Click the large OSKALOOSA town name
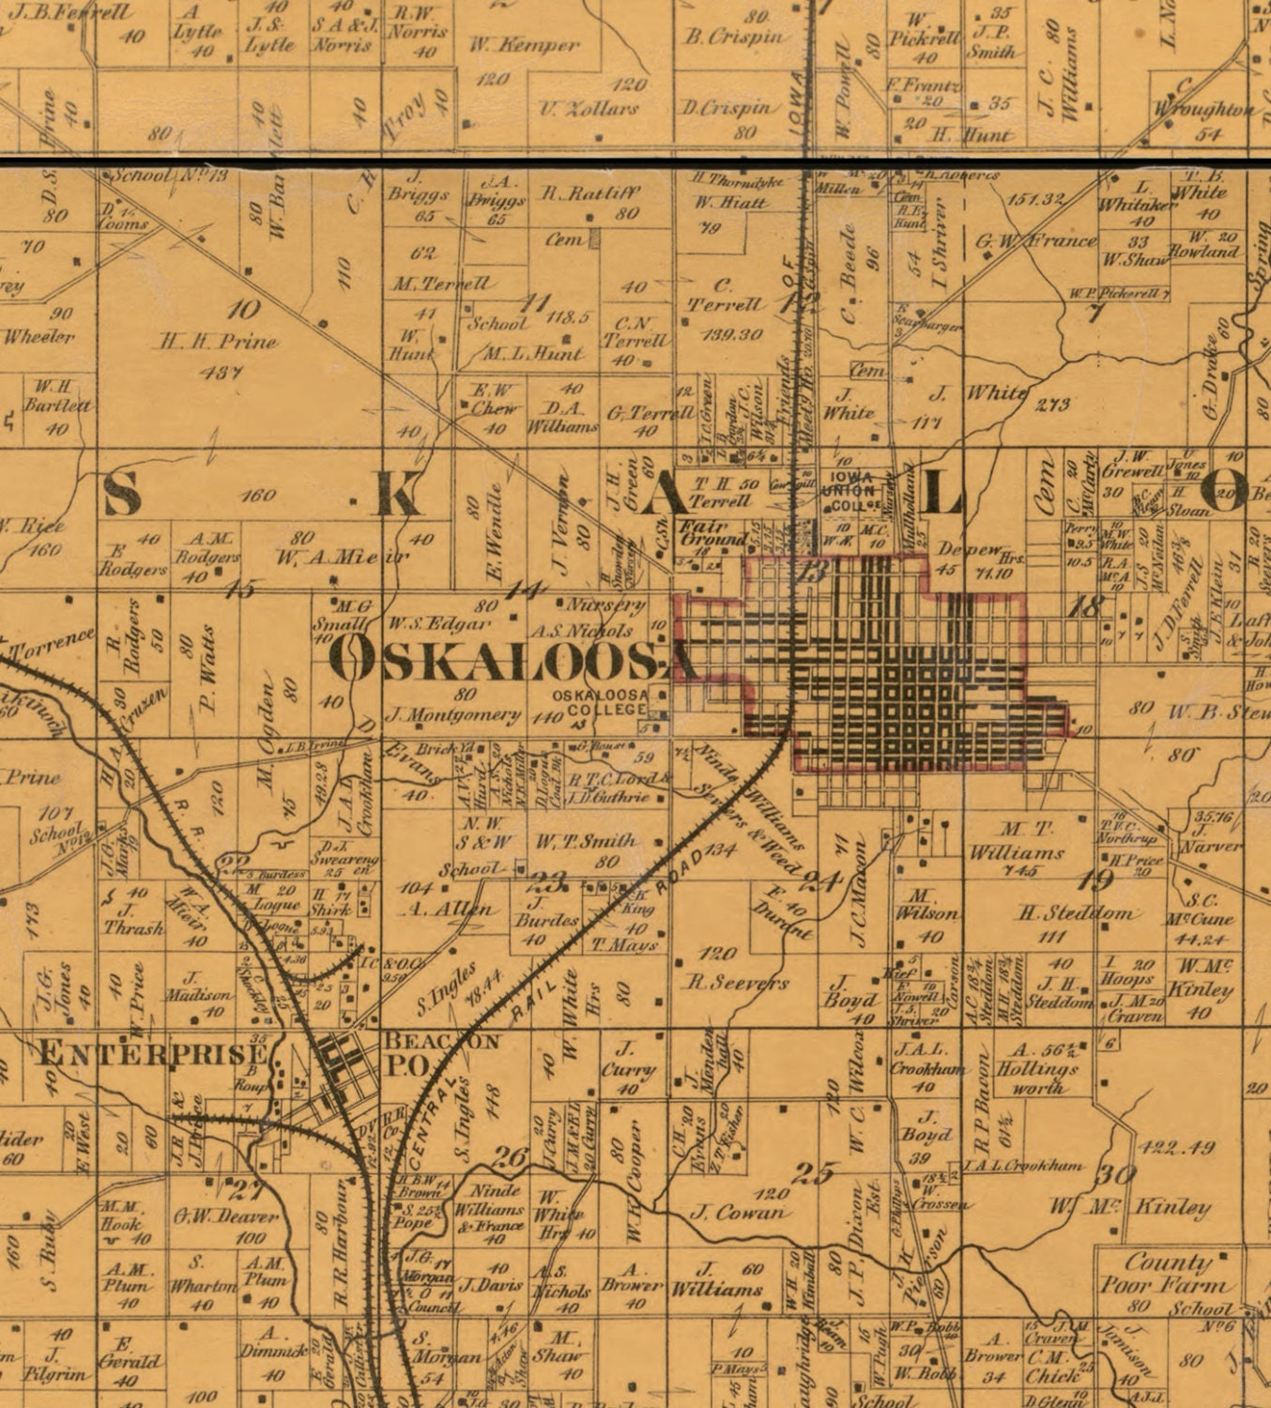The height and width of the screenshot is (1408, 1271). pyautogui.click(x=515, y=661)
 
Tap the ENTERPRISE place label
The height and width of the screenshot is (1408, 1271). pyautogui.click(x=150, y=1053)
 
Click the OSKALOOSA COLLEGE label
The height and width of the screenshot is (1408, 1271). pyautogui.click(x=600, y=702)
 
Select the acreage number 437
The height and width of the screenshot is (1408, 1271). pyautogui.click(x=222, y=372)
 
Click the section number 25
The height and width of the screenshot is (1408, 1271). pyautogui.click(x=813, y=1172)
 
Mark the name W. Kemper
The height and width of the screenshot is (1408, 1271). pyautogui.click(x=524, y=44)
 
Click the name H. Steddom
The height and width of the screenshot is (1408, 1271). pyautogui.click(x=1079, y=912)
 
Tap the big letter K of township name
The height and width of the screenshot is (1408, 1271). pyautogui.click(x=400, y=496)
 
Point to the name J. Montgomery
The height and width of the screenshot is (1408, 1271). pyautogui.click(x=453, y=715)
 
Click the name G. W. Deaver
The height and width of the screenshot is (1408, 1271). pyautogui.click(x=225, y=1217)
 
